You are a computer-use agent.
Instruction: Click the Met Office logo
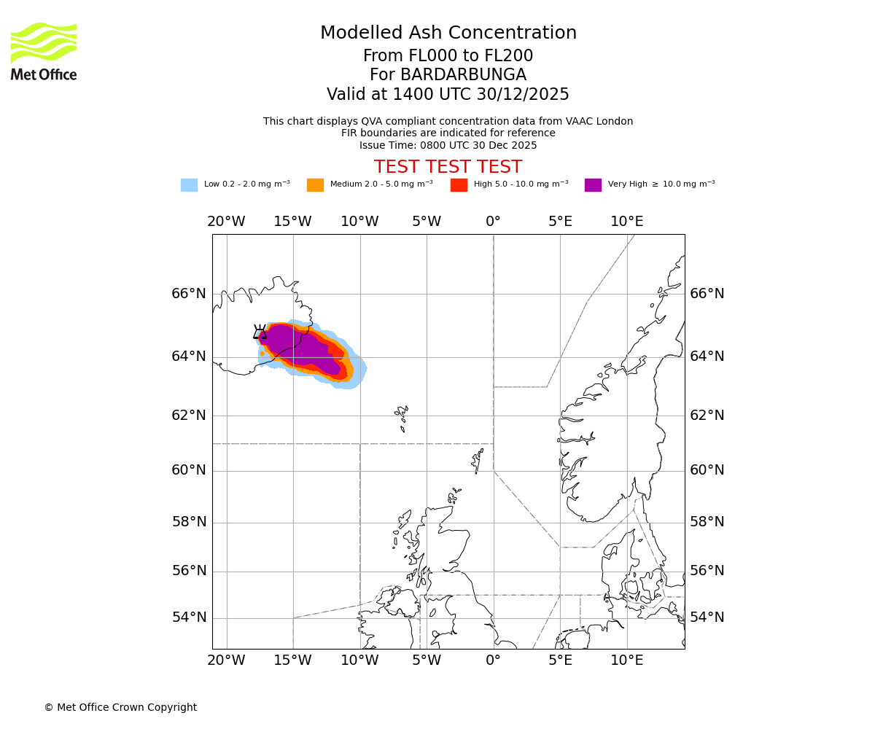click(44, 51)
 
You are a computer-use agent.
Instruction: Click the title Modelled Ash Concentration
click(448, 34)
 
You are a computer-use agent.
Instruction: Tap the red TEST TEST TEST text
click(448, 167)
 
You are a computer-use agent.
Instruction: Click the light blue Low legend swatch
click(189, 185)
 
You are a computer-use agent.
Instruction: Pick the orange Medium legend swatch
click(315, 185)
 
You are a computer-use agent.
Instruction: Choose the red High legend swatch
click(459, 185)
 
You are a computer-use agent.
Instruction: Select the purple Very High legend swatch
click(593, 185)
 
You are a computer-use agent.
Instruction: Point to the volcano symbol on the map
click(260, 332)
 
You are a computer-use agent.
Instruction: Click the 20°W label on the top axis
click(226, 222)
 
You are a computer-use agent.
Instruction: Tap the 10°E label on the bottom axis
click(626, 661)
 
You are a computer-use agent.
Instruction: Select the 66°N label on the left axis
click(189, 294)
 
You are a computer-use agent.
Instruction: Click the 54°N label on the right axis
click(707, 617)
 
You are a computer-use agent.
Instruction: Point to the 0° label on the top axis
click(493, 222)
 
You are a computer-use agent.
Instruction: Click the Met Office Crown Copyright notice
click(120, 707)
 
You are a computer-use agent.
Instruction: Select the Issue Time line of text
click(448, 145)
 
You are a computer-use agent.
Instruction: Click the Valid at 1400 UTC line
click(448, 95)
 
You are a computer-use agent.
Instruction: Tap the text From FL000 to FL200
click(448, 56)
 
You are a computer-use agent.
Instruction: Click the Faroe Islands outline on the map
click(402, 416)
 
